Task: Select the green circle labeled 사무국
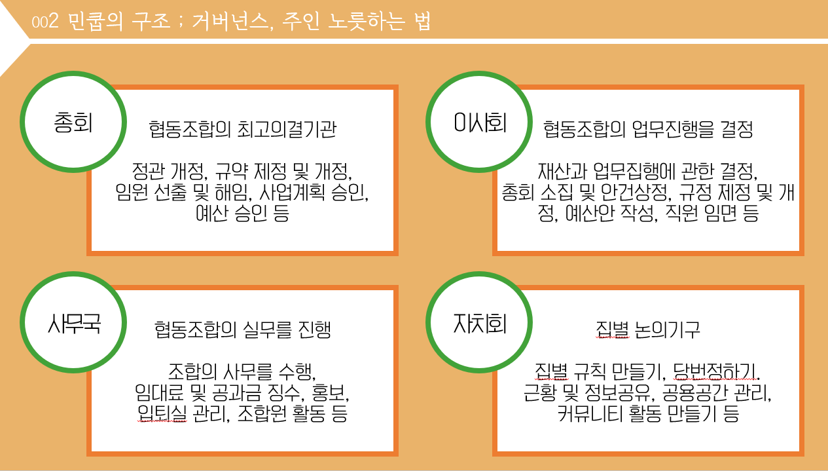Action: tap(73, 323)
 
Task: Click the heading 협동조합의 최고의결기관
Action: tap(242, 129)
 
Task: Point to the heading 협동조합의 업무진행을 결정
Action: tap(648, 129)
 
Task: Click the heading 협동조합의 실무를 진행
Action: tap(242, 329)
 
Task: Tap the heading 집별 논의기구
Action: tap(648, 329)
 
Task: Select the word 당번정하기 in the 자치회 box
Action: tap(721, 372)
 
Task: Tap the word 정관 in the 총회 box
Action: tap(149, 172)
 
